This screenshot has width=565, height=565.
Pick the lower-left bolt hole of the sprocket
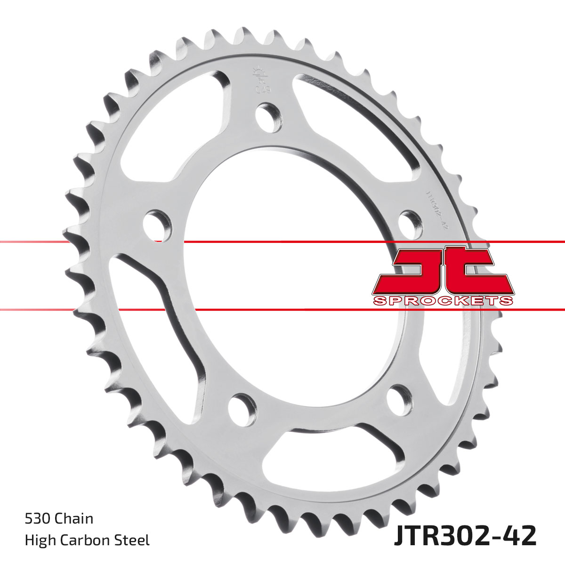pos(242,407)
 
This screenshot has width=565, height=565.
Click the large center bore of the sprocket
pos(292,282)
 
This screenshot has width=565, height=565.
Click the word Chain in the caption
pos(74,519)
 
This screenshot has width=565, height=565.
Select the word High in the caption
pos(39,540)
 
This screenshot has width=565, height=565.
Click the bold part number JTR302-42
pos(464,536)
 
